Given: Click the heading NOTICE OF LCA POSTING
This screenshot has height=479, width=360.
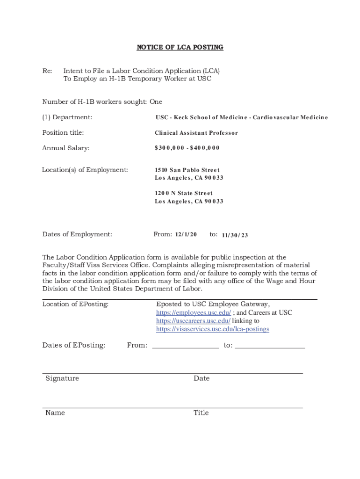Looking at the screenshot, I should pyautogui.click(x=180, y=47).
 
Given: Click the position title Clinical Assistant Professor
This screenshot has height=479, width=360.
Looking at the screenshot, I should pyautogui.click(x=196, y=133).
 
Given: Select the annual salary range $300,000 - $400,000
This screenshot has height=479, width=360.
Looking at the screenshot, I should pyautogui.click(x=187, y=148).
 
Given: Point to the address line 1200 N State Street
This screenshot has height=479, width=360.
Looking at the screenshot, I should pyautogui.click(x=184, y=193).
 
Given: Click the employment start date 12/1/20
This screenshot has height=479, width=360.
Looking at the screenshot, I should pyautogui.click(x=186, y=234).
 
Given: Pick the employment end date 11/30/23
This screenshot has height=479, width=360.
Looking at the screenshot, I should pyautogui.click(x=235, y=235).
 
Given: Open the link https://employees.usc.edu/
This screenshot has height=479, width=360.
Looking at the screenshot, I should pyautogui.click(x=194, y=312).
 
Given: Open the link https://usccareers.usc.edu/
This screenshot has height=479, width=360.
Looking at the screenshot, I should pyautogui.click(x=193, y=321).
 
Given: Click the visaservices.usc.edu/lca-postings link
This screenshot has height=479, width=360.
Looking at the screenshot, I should pyautogui.click(x=213, y=329).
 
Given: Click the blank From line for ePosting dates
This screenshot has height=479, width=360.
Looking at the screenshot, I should pyautogui.click(x=185, y=346).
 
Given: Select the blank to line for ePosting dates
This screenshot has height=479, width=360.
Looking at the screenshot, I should pyautogui.click(x=270, y=346).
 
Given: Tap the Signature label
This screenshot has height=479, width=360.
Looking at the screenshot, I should pyautogui.click(x=62, y=378).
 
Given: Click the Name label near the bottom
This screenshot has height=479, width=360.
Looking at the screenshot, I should pyautogui.click(x=55, y=413).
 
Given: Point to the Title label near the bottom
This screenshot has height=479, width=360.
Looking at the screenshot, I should pyautogui.click(x=201, y=413).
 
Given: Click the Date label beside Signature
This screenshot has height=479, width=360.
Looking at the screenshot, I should pyautogui.click(x=202, y=378).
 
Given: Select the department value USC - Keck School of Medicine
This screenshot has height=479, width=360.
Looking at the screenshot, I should pyautogui.click(x=242, y=117).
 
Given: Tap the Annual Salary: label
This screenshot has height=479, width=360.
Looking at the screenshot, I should pyautogui.click(x=66, y=148).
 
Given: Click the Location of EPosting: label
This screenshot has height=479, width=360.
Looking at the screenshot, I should pyautogui.click(x=75, y=305).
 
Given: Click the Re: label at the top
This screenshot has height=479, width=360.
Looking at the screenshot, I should pyautogui.click(x=47, y=71).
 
